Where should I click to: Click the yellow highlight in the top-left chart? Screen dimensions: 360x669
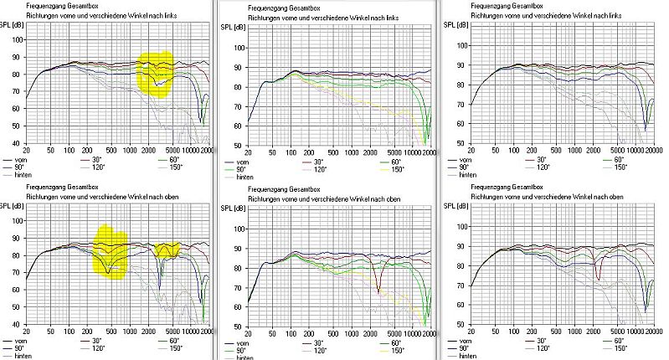157,73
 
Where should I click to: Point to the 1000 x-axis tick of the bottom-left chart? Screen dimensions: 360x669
134,331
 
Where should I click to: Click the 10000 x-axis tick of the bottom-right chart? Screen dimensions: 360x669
622,331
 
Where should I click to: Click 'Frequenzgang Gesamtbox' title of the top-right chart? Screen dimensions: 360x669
497,7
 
